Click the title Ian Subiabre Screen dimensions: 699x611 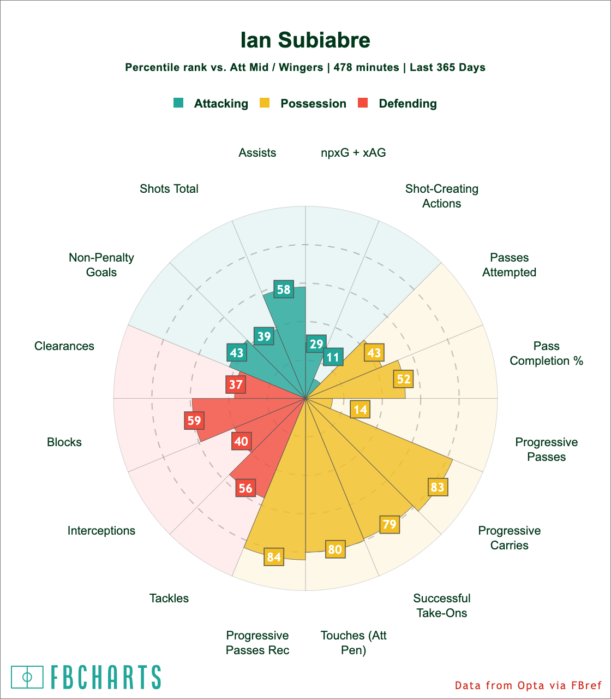click(305, 40)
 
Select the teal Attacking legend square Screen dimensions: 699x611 click(178, 103)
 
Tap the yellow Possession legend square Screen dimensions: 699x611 click(265, 103)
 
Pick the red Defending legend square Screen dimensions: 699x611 click(363, 103)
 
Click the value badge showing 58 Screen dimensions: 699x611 click(284, 289)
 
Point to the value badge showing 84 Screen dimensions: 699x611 click(274, 557)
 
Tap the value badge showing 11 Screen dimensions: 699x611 click(333, 358)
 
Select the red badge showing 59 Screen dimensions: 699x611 click(194, 420)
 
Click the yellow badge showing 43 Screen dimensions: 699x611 click(374, 353)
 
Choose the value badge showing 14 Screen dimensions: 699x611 click(360, 410)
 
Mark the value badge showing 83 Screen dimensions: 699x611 click(438, 487)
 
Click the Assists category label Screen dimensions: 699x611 click(257, 153)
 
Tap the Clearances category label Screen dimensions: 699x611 click(64, 346)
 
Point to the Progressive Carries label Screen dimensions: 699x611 click(510, 538)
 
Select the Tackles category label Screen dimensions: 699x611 click(169, 599)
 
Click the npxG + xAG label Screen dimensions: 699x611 click(354, 153)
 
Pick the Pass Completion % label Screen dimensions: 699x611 click(547, 353)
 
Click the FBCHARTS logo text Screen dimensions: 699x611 click(106, 677)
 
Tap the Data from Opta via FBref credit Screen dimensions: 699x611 click(528, 685)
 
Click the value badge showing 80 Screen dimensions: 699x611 click(335, 549)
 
